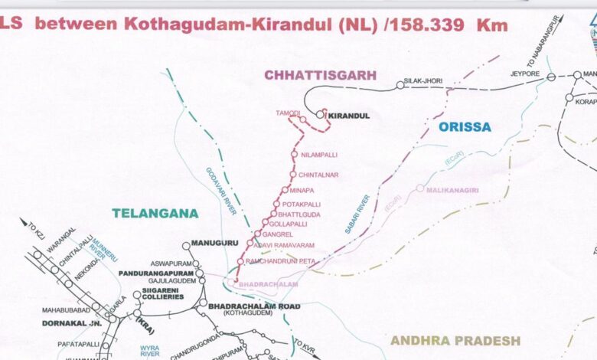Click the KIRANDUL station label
click(348, 116)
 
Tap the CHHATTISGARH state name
click(321, 75)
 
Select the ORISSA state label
click(465, 127)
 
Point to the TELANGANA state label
click(155, 213)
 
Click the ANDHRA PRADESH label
click(455, 340)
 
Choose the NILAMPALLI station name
click(319, 155)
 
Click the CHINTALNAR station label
click(318, 175)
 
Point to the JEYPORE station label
click(525, 74)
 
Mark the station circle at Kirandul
click(320, 115)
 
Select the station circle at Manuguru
click(185, 246)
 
